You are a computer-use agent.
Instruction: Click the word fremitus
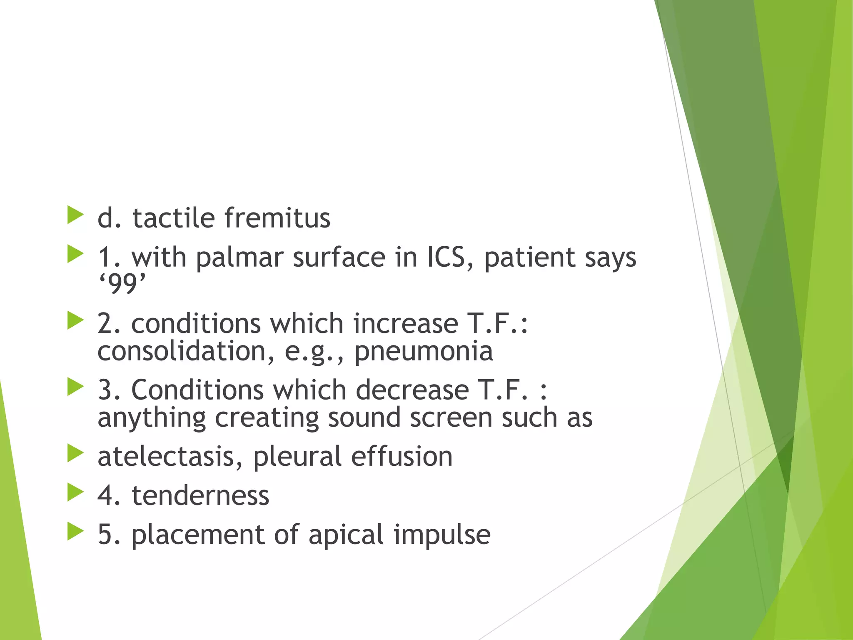[x=277, y=218]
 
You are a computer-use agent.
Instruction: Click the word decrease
[x=412, y=390]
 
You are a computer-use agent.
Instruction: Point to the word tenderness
[x=200, y=495]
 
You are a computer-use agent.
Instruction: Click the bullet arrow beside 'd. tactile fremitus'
[x=75, y=215]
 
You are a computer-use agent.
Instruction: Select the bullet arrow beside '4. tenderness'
[x=75, y=492]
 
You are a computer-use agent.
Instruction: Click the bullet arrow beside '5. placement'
[x=75, y=532]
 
